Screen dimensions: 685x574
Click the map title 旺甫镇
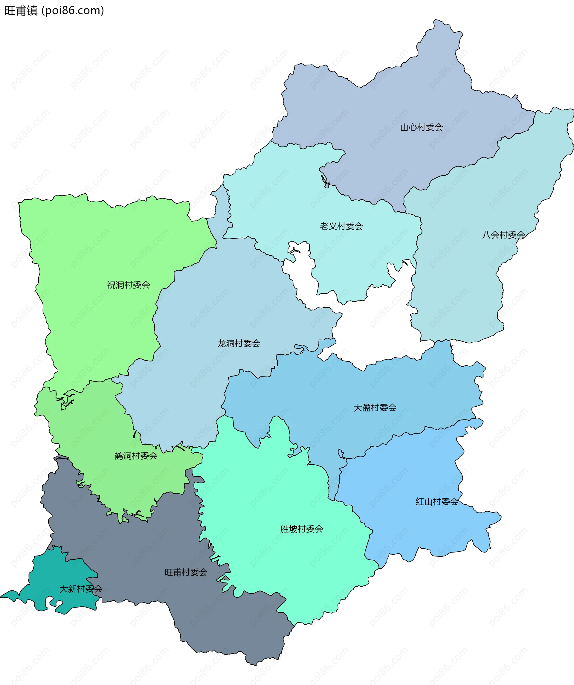[x=21, y=11]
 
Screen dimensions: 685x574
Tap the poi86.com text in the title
[x=73, y=11]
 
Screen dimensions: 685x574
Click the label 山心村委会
[x=421, y=127]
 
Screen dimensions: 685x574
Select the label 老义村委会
[x=341, y=226]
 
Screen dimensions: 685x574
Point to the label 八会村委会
[x=503, y=235]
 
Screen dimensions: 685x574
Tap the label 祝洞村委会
[x=129, y=285]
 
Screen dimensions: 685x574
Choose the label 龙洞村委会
[x=239, y=343]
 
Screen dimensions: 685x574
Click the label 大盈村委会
[x=375, y=408]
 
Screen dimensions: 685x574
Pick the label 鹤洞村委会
[x=136, y=456]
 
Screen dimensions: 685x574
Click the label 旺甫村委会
[x=186, y=572]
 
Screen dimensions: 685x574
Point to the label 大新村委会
[x=81, y=589]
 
